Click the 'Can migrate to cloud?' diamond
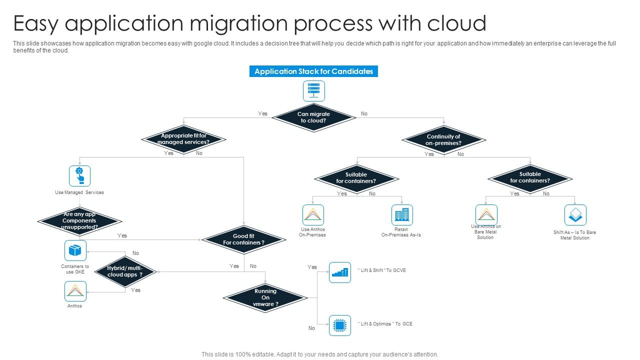tap(313, 117)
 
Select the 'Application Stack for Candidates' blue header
tap(313, 71)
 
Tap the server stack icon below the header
tap(313, 91)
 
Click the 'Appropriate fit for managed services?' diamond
tap(183, 139)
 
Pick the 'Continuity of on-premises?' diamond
tap(443, 139)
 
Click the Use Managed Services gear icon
tap(79, 176)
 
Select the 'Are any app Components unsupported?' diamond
tap(79, 220)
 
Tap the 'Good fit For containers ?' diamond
tap(243, 239)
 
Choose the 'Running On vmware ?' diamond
tap(265, 297)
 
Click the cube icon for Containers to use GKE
tap(75, 250)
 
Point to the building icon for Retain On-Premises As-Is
tap(402, 215)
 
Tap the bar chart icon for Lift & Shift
tap(340, 272)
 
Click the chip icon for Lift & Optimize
tap(340, 325)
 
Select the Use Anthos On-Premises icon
tap(313, 215)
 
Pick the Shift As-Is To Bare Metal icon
tap(575, 215)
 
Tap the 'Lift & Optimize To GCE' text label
tap(385, 324)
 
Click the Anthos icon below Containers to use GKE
tap(75, 291)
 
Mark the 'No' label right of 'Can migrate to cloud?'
tap(364, 113)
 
